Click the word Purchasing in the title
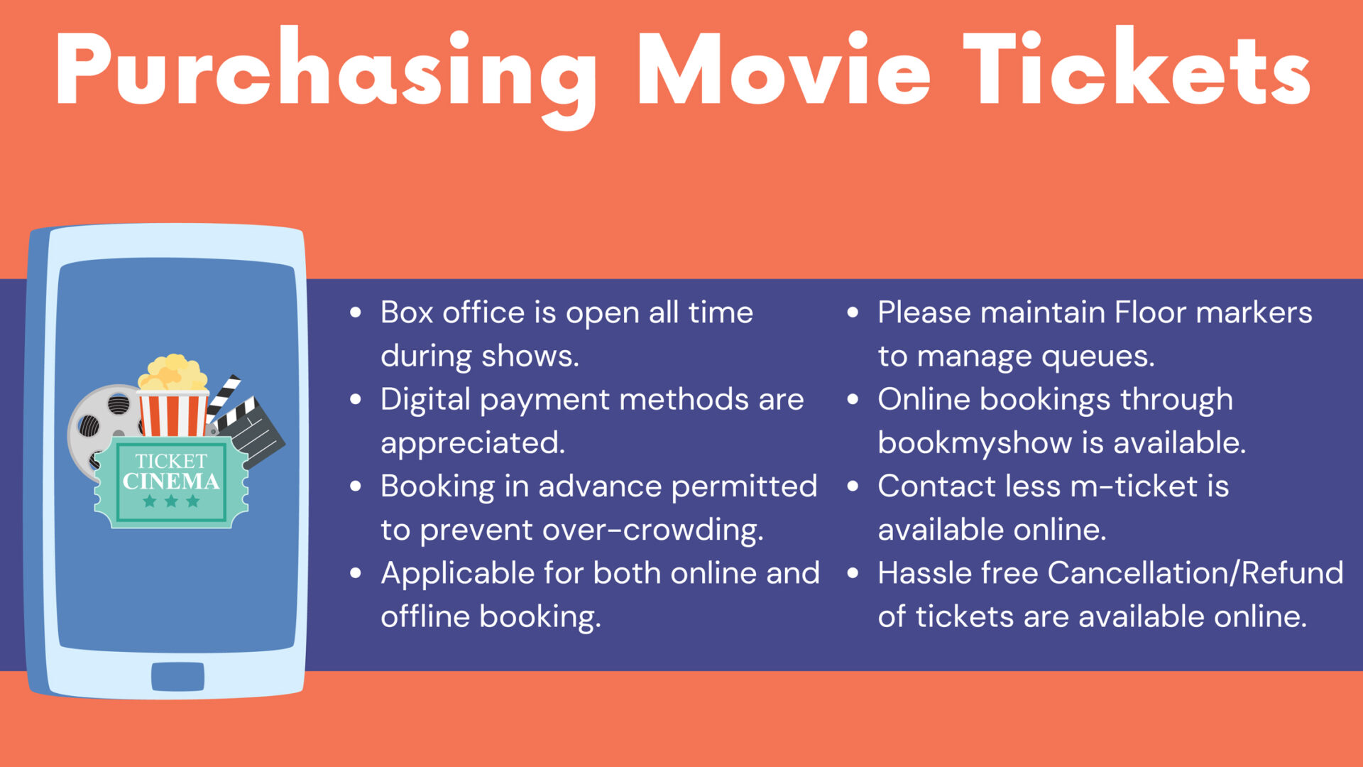pyautogui.click(x=327, y=71)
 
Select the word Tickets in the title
pyautogui.click(x=1136, y=71)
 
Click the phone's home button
pyautogui.click(x=177, y=676)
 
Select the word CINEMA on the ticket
pyautogui.click(x=171, y=482)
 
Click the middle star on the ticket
pyautogui.click(x=171, y=501)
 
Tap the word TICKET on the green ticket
pyautogui.click(x=171, y=462)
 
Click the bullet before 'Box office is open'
pyautogui.click(x=356, y=312)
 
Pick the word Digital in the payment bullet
pyautogui.click(x=425, y=399)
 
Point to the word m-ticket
pyautogui.click(x=1134, y=486)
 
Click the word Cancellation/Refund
pyautogui.click(x=1195, y=573)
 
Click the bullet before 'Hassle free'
pyautogui.click(x=853, y=573)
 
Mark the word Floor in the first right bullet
pyautogui.click(x=1149, y=312)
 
